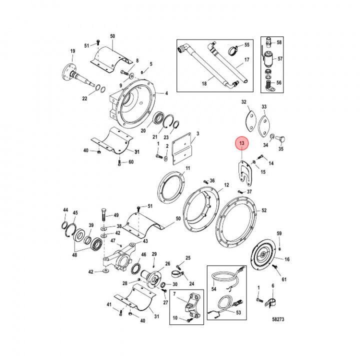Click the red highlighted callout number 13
pos(242,144)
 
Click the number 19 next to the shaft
pos(72,51)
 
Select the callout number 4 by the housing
pos(166,93)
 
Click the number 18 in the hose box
pos(204,83)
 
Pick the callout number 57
pos(280,59)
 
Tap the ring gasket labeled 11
pos(171,188)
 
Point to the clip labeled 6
pos(270,301)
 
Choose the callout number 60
pos(131,162)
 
